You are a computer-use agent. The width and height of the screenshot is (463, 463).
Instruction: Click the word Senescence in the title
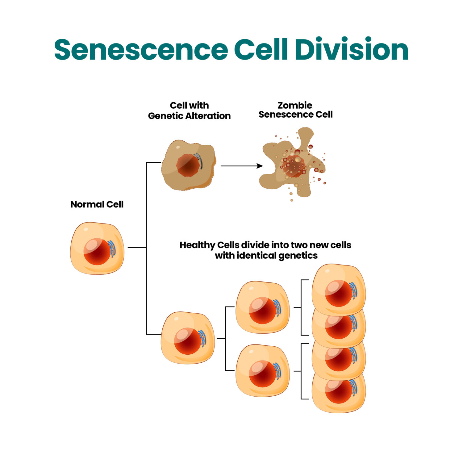point(141,49)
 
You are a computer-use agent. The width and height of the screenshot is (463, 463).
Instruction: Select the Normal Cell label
point(97,204)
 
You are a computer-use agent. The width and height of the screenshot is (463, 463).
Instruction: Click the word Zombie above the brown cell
point(295,105)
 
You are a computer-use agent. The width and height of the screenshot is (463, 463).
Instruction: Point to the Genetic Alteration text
point(189,116)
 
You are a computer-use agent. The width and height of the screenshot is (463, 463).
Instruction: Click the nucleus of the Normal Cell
point(97,252)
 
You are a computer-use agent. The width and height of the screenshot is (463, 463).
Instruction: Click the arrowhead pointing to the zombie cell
point(260,166)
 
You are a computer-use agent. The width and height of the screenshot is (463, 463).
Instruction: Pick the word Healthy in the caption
point(197,245)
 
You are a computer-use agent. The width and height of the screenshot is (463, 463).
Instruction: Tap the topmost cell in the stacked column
point(339,289)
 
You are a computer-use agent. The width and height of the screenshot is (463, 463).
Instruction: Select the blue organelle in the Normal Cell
point(112,248)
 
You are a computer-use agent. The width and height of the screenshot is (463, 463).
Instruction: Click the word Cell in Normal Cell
point(115,204)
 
